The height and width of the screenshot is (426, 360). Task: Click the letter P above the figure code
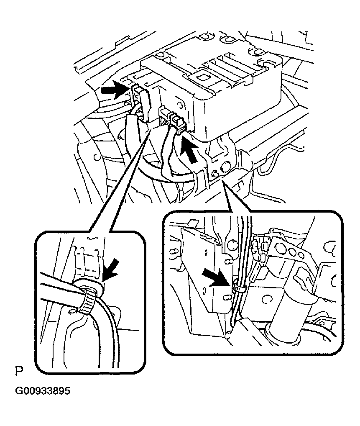[19, 372]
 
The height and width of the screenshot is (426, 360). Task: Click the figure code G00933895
[43, 391]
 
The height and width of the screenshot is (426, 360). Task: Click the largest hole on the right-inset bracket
[279, 248]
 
